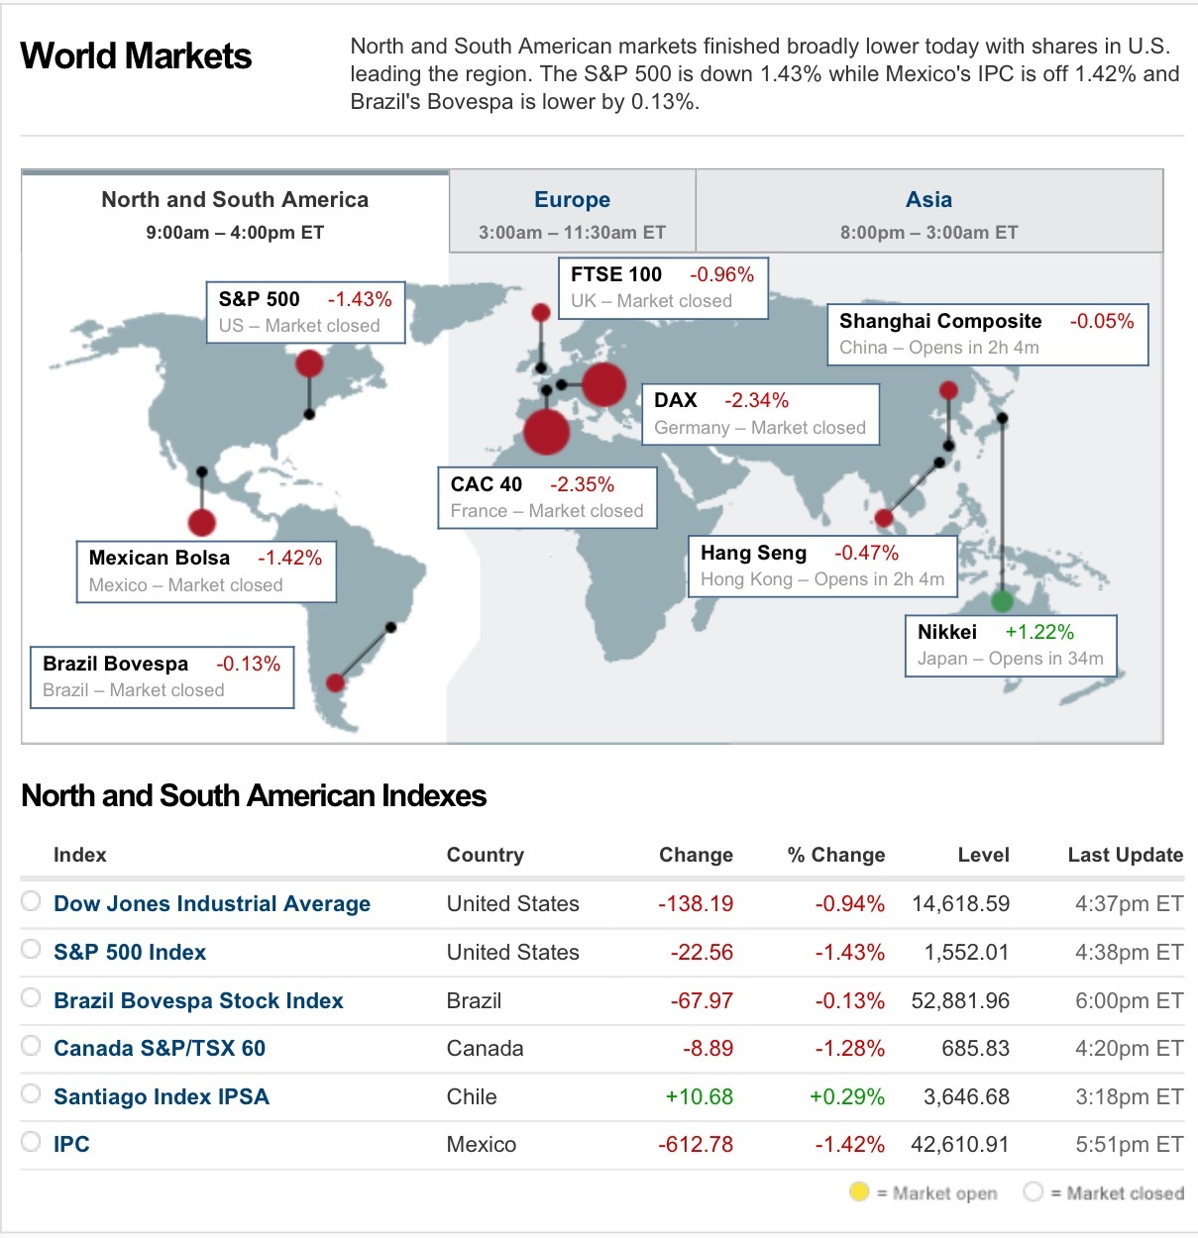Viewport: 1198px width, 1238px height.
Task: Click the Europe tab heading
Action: pos(572,200)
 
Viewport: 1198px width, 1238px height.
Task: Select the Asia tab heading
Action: pos(928,200)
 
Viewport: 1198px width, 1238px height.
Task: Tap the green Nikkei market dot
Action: pos(1002,600)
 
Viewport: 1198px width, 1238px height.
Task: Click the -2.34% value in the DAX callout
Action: pos(756,401)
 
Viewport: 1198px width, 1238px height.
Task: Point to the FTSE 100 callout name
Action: pos(615,274)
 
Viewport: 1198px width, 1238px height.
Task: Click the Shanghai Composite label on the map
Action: pos(939,321)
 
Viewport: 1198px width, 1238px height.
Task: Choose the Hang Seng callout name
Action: pos(753,553)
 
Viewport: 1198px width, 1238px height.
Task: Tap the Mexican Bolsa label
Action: pos(159,558)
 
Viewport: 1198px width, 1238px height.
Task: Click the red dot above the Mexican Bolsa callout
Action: pos(201,522)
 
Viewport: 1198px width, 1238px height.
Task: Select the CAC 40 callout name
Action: pos(486,484)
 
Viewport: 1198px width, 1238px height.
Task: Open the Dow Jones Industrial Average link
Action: pos(211,903)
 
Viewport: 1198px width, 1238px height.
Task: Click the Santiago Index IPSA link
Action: pos(161,1096)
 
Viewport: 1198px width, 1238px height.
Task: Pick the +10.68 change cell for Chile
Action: pos(699,1096)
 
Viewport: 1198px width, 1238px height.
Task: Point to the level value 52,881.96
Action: pos(959,1000)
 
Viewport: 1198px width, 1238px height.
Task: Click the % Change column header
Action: pos(835,855)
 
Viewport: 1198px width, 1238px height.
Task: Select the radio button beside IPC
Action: pos(32,1142)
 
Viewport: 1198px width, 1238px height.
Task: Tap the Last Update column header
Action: pos(1125,855)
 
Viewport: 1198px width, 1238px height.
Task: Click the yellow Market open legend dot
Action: pos(859,1191)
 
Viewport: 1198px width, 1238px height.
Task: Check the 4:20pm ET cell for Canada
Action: pos(1128,1048)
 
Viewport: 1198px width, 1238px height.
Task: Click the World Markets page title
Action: pos(136,56)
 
